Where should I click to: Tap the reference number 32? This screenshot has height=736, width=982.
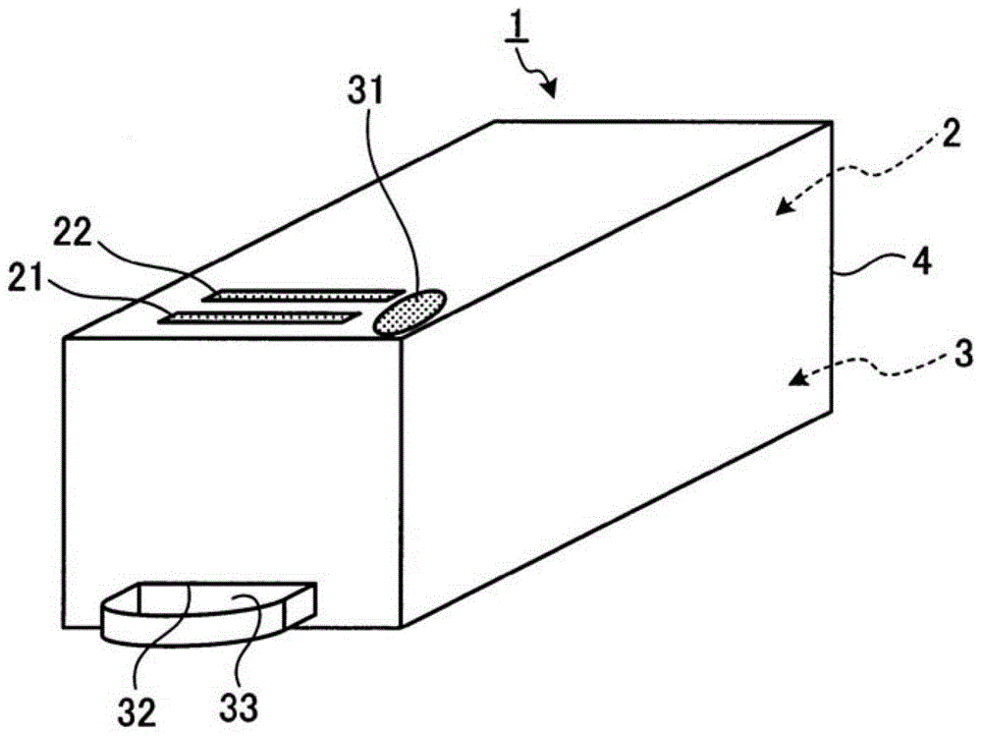click(x=137, y=710)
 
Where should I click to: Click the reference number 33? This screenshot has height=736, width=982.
click(x=239, y=708)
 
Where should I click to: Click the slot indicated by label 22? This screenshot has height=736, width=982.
click(x=306, y=295)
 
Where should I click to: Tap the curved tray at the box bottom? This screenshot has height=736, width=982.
click(x=209, y=613)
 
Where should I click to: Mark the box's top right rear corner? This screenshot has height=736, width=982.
click(x=831, y=123)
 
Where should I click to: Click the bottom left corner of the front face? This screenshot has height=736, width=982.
click(x=63, y=626)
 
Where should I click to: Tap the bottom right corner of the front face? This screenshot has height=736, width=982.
click(x=402, y=626)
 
